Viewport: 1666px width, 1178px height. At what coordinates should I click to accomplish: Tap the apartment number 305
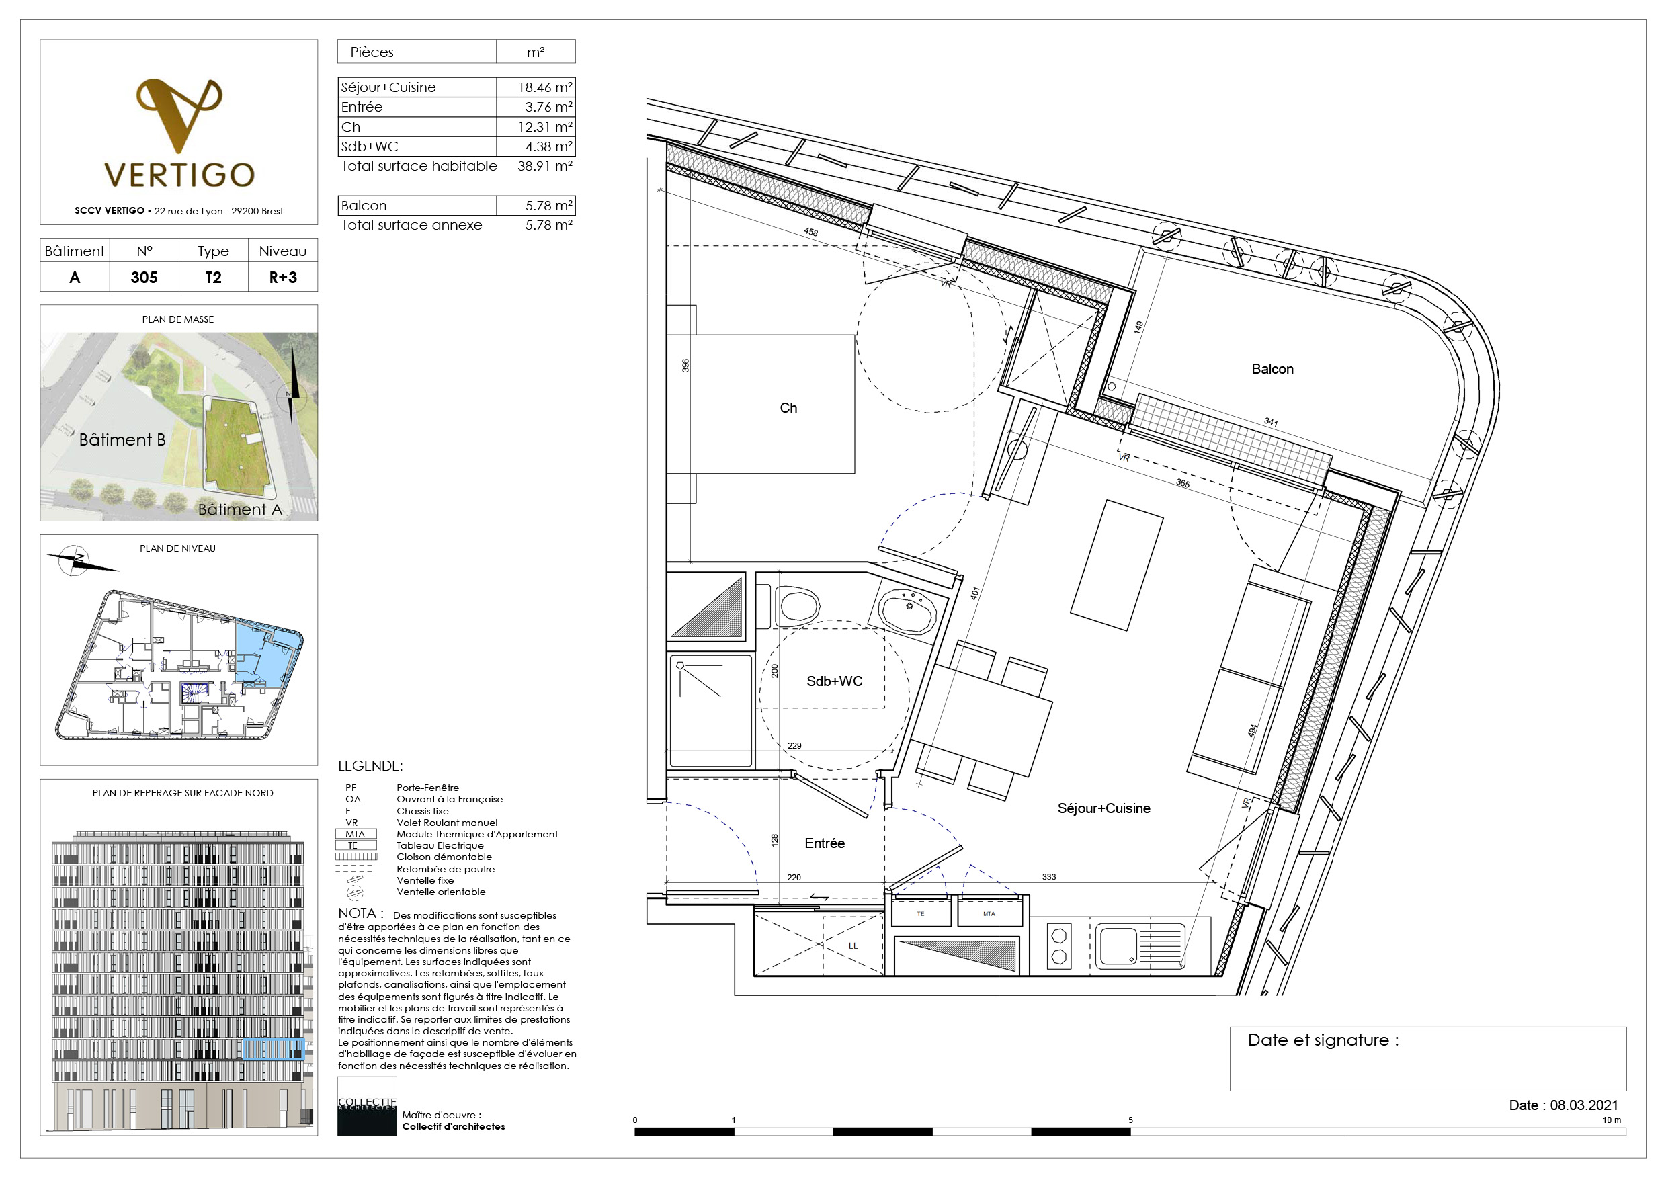[x=144, y=277]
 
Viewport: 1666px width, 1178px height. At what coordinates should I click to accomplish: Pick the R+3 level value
[x=283, y=277]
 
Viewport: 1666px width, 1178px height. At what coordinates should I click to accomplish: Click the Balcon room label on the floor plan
[x=1272, y=368]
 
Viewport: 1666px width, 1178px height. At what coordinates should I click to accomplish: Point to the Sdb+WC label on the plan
[x=835, y=681]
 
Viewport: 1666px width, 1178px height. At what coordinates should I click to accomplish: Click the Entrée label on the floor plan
[x=825, y=843]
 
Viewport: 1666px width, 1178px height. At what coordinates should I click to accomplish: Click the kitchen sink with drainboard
[x=1139, y=945]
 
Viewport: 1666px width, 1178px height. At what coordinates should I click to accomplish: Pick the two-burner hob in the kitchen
[x=1058, y=946]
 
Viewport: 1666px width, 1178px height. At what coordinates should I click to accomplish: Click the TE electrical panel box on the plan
[x=921, y=913]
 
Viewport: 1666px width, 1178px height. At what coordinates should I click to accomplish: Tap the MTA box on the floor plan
[x=989, y=913]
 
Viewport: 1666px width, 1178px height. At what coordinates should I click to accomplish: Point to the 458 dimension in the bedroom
[x=810, y=232]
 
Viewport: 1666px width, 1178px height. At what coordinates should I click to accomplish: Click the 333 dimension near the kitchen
[x=1048, y=876]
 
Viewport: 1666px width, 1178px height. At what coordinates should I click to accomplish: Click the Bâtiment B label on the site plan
[x=122, y=439]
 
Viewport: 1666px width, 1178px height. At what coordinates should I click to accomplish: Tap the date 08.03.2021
[x=1584, y=1105]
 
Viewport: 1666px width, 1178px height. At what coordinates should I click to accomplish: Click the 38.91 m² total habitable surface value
[x=544, y=165]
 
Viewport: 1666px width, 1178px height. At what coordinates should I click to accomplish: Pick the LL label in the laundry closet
[x=853, y=945]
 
